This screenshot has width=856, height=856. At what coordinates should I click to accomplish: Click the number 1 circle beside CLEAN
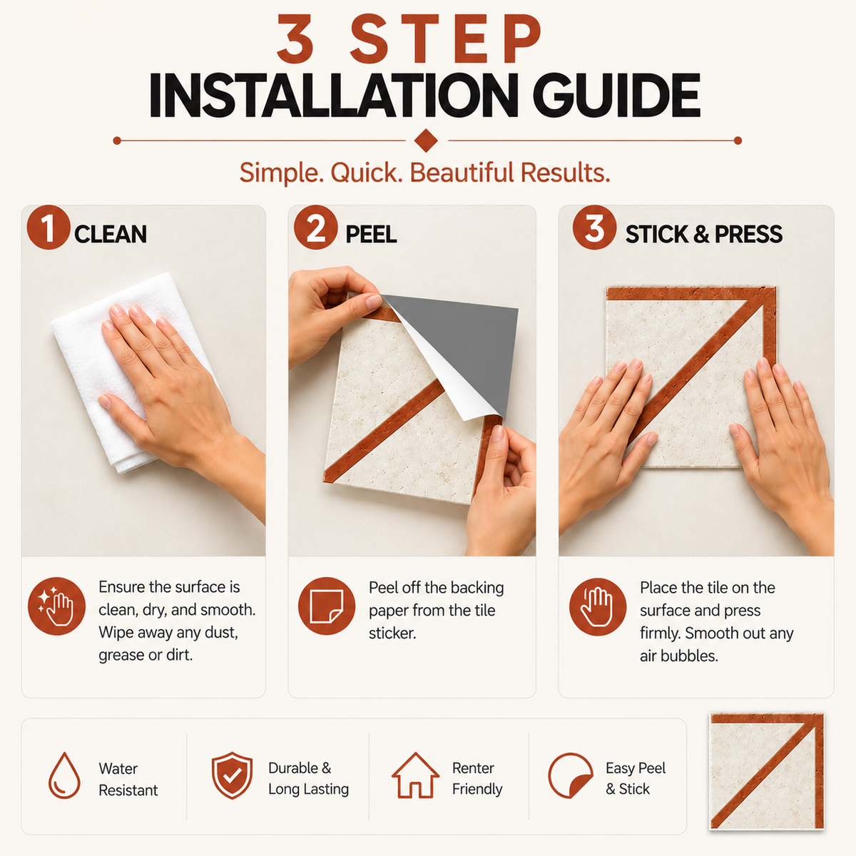pyautogui.click(x=49, y=228)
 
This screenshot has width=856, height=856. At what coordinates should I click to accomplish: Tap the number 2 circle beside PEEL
pyautogui.click(x=316, y=228)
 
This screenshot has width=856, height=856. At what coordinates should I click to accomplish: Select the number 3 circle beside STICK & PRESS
pyautogui.click(x=594, y=228)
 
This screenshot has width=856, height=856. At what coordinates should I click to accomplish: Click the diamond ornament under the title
pyautogui.click(x=426, y=141)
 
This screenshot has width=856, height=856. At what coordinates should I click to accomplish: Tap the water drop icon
pyautogui.click(x=64, y=775)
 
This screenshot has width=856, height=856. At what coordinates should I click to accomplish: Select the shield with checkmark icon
pyautogui.click(x=232, y=775)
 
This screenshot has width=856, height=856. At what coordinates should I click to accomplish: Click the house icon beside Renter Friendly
pyautogui.click(x=415, y=775)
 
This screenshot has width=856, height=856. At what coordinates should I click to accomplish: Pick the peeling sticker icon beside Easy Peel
pyautogui.click(x=571, y=775)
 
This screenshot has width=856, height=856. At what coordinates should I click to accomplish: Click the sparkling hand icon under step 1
pyautogui.click(x=56, y=606)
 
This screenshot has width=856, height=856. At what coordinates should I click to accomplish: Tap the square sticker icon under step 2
pyautogui.click(x=327, y=606)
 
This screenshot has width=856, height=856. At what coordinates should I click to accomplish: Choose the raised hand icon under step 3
pyautogui.click(x=598, y=606)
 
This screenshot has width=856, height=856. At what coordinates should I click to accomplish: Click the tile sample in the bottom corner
pyautogui.click(x=767, y=772)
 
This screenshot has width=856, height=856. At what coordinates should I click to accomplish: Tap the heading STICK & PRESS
pyautogui.click(x=703, y=234)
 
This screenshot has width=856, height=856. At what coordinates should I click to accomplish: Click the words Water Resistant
pyautogui.click(x=128, y=780)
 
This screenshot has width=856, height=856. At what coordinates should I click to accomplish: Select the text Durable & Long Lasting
pyautogui.click(x=308, y=779)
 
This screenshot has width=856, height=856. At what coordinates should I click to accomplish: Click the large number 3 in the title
pyautogui.click(x=295, y=39)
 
